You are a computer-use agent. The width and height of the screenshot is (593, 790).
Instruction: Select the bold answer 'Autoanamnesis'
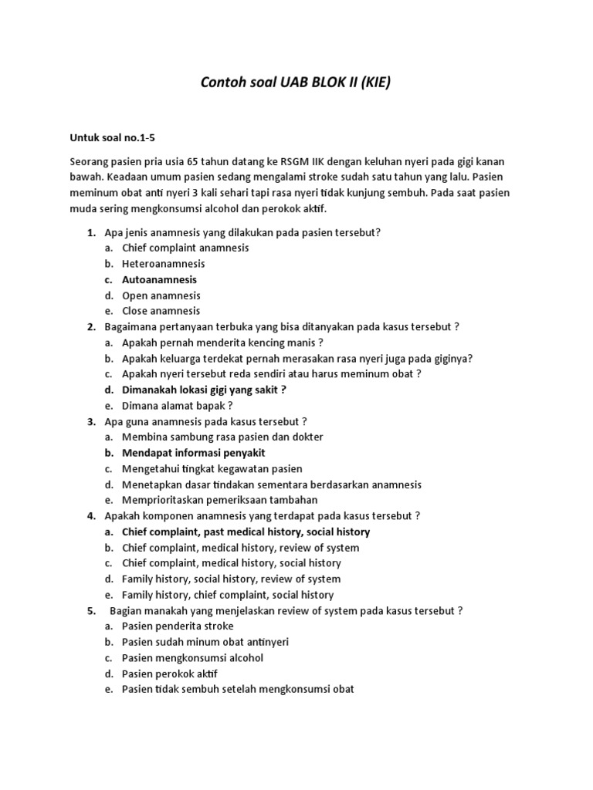[x=159, y=280]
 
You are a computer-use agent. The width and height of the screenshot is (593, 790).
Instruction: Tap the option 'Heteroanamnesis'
[x=163, y=264]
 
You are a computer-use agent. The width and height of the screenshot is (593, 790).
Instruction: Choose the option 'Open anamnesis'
[x=161, y=295]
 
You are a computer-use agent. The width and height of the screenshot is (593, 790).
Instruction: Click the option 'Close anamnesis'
[x=161, y=311]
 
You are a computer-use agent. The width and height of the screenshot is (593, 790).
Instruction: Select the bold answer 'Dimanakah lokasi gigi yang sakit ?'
[x=204, y=390]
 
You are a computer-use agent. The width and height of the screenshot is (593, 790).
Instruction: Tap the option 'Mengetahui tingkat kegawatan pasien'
[x=212, y=468]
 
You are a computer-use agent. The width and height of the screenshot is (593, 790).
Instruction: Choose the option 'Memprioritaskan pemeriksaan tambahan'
[x=219, y=500]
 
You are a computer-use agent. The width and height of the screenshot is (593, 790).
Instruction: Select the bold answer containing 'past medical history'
[x=246, y=532]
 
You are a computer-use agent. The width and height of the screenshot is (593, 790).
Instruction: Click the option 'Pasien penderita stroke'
[x=178, y=626]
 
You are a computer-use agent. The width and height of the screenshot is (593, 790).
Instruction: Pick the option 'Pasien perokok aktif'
[x=170, y=674]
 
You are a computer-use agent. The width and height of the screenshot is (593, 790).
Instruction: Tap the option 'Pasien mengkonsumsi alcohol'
[x=192, y=657]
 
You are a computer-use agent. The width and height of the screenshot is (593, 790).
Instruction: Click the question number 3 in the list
[x=91, y=421]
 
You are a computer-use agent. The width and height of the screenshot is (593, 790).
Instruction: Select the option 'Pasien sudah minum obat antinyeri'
[x=205, y=642]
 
